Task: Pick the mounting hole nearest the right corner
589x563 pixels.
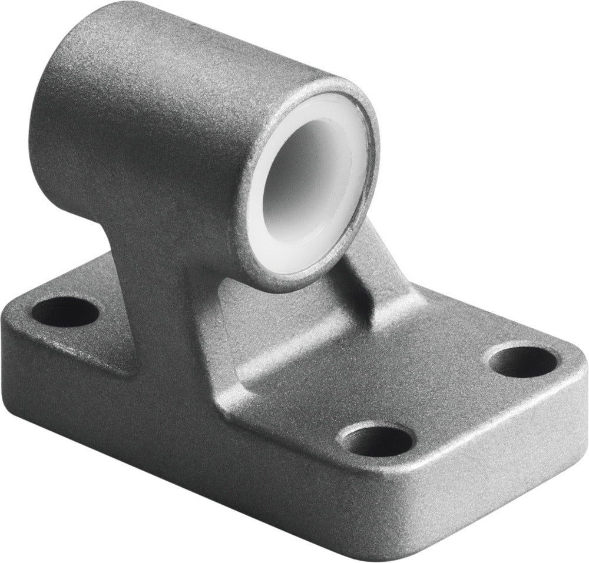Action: [x=523, y=361]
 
